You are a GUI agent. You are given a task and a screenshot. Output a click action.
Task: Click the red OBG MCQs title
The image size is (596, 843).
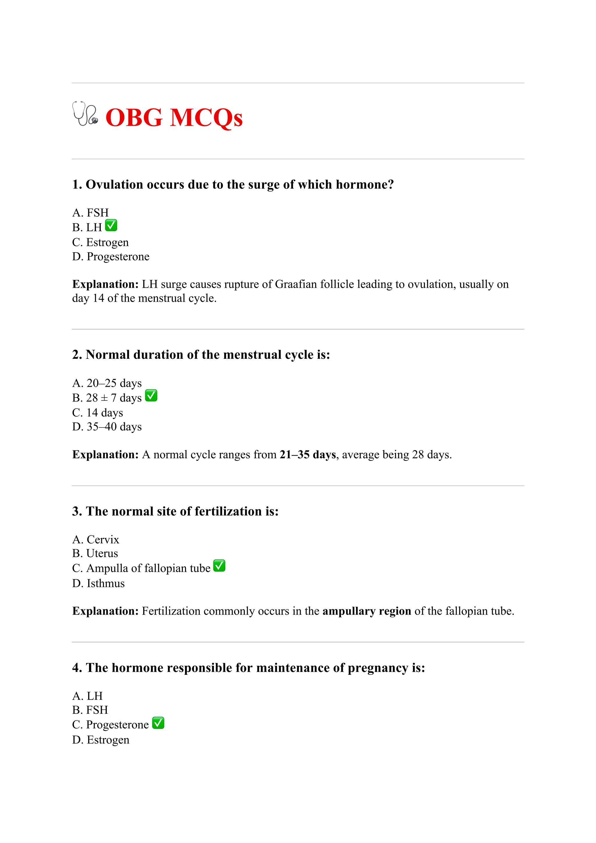[174, 118]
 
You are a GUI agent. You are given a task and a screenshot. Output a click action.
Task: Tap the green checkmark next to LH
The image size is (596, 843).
[111, 226]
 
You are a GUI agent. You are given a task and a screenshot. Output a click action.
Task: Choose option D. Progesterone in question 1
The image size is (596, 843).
[111, 257]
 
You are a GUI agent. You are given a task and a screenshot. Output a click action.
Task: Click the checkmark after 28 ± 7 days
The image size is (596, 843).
[151, 396]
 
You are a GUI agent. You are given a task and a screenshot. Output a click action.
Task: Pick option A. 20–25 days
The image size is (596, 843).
[107, 383]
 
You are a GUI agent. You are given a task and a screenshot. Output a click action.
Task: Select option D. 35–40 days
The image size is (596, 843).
[107, 427]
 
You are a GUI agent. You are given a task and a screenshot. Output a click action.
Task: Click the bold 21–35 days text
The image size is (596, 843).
[308, 455]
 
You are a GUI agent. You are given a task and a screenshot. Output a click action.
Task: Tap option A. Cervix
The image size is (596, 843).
[95, 539]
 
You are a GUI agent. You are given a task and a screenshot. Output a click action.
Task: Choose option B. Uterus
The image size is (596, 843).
[95, 553]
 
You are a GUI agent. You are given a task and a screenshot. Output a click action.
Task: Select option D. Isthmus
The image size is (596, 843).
[98, 583]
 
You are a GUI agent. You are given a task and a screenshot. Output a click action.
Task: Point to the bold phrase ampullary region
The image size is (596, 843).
[366, 611]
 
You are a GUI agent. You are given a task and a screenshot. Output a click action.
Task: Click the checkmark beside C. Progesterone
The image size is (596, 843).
[158, 723]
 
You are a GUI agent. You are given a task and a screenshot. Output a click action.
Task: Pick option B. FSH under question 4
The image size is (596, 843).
[90, 710]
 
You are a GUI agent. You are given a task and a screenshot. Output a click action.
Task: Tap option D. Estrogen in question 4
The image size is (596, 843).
[101, 740]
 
